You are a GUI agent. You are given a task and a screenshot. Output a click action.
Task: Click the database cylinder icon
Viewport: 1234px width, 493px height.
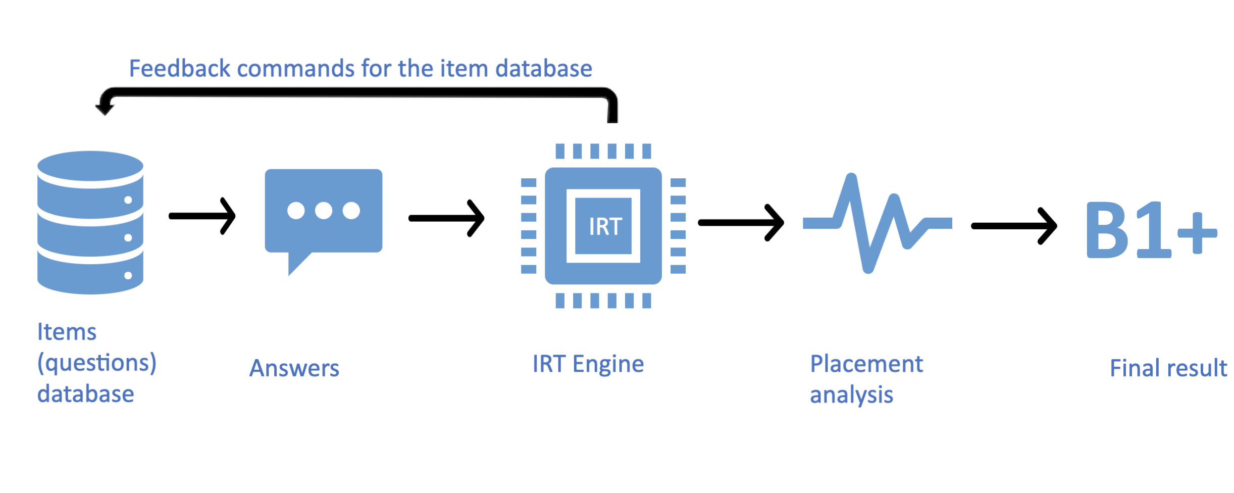click(90, 222)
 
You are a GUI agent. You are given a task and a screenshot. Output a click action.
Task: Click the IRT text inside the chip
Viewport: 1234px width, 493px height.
click(605, 227)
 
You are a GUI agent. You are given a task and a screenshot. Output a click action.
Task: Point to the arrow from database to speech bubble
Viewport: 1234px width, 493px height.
click(202, 216)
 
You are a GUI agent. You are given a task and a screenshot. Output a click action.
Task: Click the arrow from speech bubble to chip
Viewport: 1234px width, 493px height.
click(446, 218)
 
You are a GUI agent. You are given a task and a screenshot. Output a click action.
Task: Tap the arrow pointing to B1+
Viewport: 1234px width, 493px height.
click(1014, 226)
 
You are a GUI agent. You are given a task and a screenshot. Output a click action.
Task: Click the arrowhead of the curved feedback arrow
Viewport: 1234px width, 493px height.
click(105, 106)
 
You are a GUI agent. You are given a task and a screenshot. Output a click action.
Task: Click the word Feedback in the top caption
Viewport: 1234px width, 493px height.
click(180, 69)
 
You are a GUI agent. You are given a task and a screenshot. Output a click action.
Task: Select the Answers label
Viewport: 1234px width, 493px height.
click(294, 368)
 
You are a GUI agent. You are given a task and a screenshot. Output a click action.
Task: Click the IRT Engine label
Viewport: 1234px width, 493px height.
click(588, 364)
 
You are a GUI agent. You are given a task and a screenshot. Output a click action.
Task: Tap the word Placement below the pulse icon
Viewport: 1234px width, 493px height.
click(866, 364)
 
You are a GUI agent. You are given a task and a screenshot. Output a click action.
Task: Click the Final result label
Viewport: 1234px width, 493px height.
click(1168, 368)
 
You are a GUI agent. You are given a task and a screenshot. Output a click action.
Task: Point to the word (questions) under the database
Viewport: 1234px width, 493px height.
click(97, 363)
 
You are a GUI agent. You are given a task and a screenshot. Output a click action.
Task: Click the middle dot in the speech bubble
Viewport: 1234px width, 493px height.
click(324, 211)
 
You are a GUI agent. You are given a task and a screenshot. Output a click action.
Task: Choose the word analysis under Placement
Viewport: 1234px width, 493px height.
click(851, 395)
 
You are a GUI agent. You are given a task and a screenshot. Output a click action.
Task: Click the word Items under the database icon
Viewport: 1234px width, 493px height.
click(67, 332)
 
